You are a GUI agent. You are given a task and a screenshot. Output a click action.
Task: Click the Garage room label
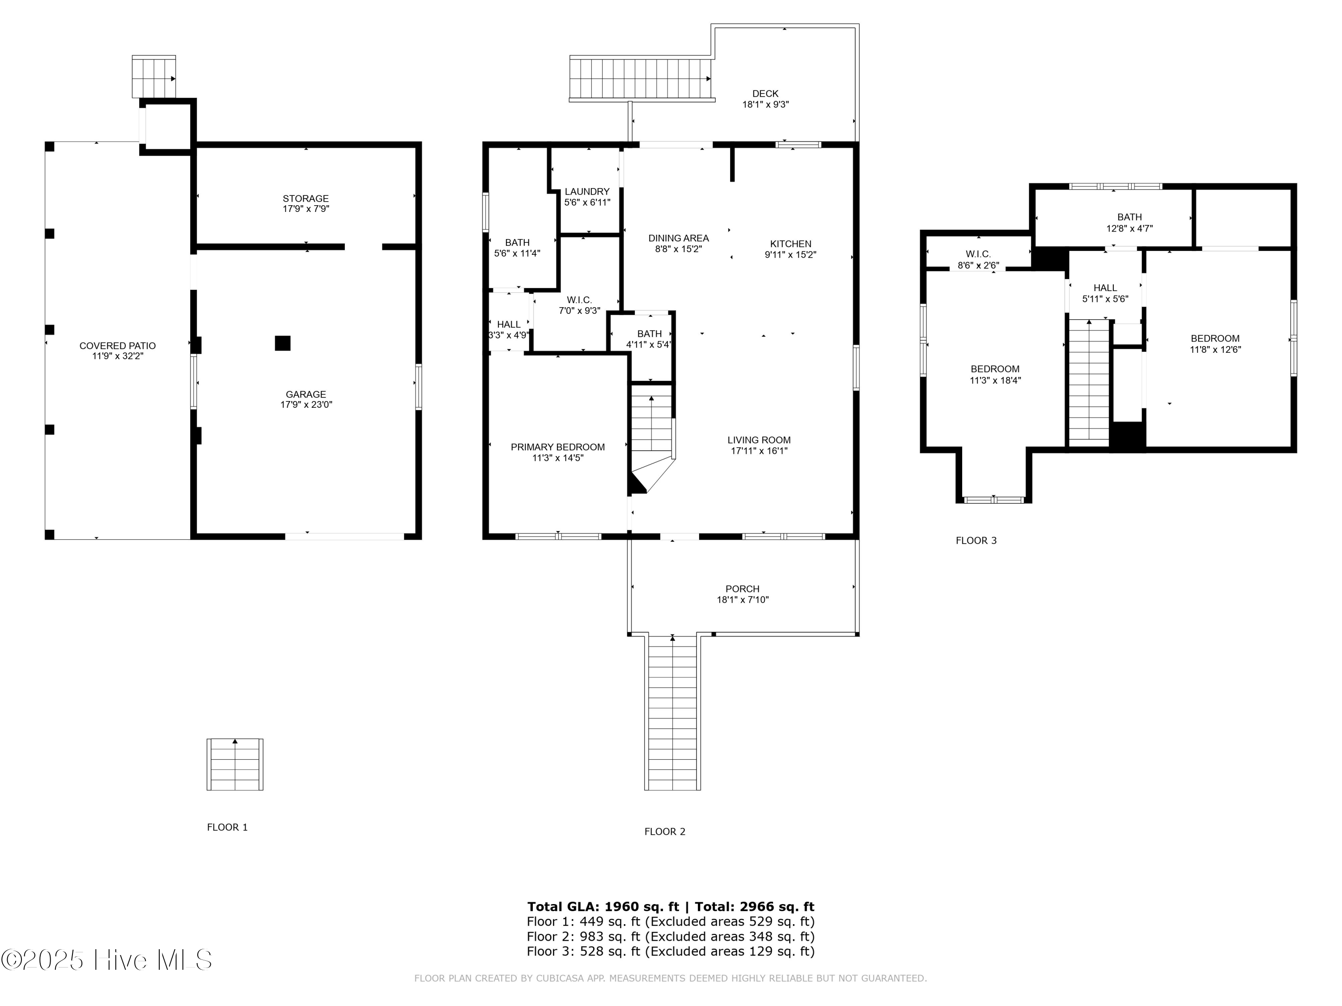[306, 394]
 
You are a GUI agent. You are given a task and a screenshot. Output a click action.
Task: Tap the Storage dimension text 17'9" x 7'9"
[306, 209]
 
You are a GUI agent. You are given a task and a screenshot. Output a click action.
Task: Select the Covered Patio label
[117, 346]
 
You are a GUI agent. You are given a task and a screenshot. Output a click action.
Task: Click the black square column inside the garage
[282, 343]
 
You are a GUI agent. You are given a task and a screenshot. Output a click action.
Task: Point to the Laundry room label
[586, 192]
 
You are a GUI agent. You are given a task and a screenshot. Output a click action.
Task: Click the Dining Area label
[678, 238]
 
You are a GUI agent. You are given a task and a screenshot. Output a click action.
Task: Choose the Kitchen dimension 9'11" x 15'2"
[790, 255]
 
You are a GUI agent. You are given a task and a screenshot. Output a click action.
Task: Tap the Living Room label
[759, 440]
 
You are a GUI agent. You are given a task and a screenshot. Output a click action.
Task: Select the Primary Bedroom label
[557, 447]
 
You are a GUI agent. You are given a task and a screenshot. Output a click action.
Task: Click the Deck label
[765, 93]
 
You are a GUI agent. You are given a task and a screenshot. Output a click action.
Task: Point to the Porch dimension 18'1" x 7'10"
[743, 600]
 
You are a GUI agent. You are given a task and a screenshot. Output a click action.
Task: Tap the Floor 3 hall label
[1105, 288]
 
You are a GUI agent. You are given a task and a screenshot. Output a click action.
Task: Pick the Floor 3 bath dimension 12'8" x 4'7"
[1129, 228]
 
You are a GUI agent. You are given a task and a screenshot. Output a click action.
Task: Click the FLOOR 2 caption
[664, 831]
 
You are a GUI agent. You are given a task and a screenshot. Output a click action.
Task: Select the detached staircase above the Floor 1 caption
[235, 764]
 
